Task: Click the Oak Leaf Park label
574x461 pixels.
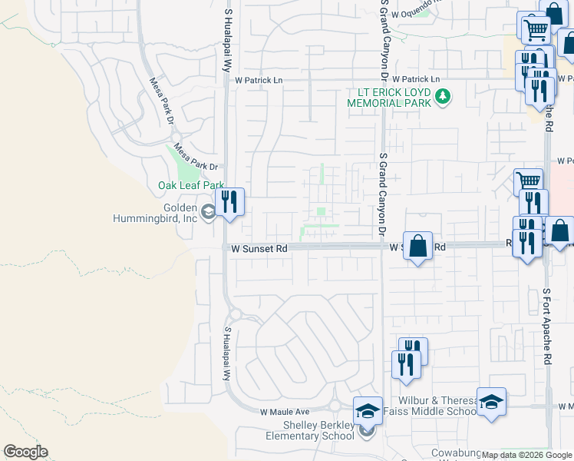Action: tap(190, 185)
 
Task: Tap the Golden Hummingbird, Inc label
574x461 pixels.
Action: tap(170, 213)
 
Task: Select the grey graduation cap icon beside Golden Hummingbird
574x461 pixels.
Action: tap(208, 213)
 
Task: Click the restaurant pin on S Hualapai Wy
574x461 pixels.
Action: tap(229, 204)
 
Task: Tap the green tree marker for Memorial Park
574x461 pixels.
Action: tap(442, 96)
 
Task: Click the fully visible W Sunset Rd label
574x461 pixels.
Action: tap(259, 248)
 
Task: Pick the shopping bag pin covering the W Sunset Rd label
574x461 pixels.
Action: tap(417, 247)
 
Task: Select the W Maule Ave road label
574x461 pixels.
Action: tap(284, 412)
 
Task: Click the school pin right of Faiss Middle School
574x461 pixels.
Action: tap(491, 403)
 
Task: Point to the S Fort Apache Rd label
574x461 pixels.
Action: tap(546, 326)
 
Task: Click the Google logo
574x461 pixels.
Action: tap(25, 452)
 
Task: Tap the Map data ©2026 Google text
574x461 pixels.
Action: tap(527, 455)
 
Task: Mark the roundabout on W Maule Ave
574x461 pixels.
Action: tap(335, 405)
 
